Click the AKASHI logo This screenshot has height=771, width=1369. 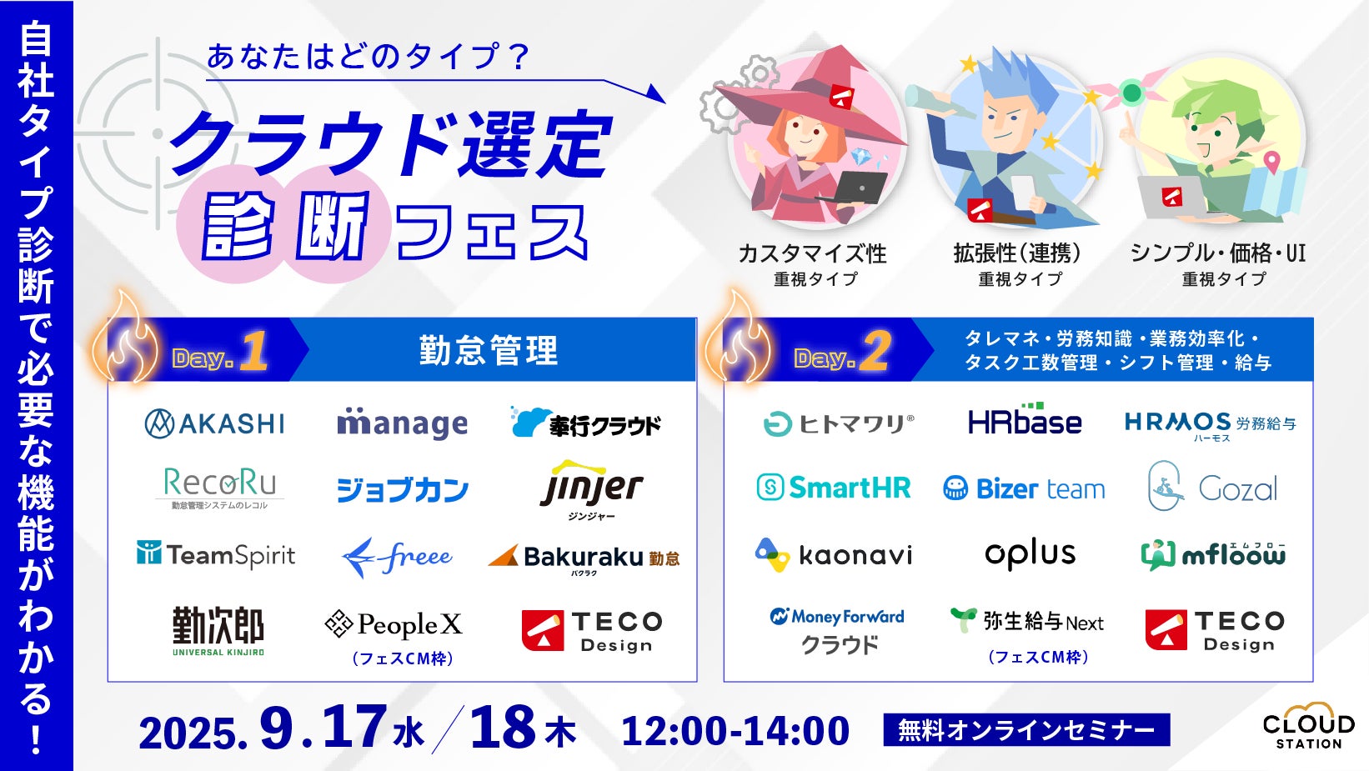[x=214, y=423]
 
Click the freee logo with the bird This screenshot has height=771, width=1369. [x=397, y=557]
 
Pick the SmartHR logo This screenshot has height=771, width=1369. [x=834, y=488]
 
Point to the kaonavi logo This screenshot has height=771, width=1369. [x=834, y=555]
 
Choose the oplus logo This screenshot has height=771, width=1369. [x=1030, y=554]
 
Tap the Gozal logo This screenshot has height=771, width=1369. [x=1212, y=486]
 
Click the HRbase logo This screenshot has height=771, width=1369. [x=1025, y=420]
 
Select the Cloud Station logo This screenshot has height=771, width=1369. [x=1308, y=726]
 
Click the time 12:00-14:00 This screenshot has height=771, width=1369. [x=735, y=731]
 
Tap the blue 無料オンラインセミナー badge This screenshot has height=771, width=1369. [x=1027, y=729]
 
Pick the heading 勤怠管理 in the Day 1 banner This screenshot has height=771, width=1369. [x=489, y=350]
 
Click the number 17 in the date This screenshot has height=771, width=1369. [x=354, y=726]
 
